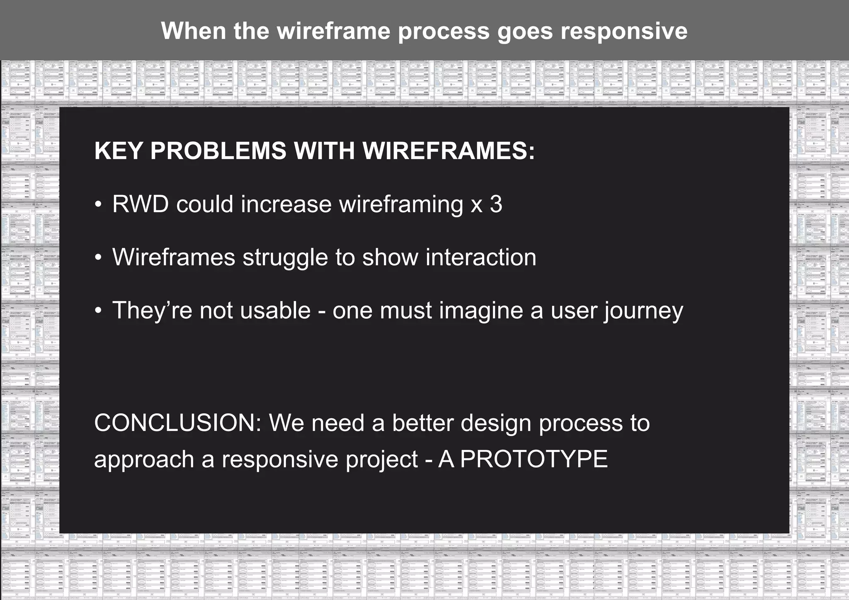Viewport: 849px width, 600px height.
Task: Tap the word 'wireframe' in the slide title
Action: pyautogui.click(x=333, y=31)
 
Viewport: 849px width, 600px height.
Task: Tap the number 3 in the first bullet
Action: pyautogui.click(x=496, y=204)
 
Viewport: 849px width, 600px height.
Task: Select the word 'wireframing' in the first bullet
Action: pyautogui.click(x=401, y=204)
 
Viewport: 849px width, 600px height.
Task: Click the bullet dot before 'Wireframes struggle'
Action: pyautogui.click(x=98, y=258)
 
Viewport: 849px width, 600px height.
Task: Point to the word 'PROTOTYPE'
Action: pyautogui.click(x=534, y=460)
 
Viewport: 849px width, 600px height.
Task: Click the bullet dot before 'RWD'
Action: pyautogui.click(x=98, y=205)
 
